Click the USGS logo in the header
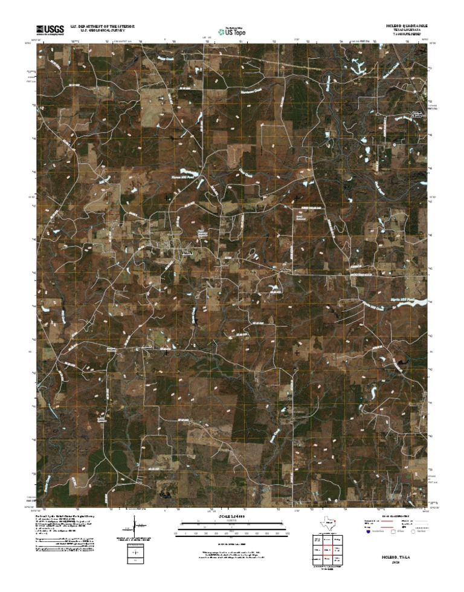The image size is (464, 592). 50,29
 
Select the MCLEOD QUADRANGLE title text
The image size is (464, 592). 407,27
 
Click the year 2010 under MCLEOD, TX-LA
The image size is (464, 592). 396,562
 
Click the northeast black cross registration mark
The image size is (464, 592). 297,197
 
